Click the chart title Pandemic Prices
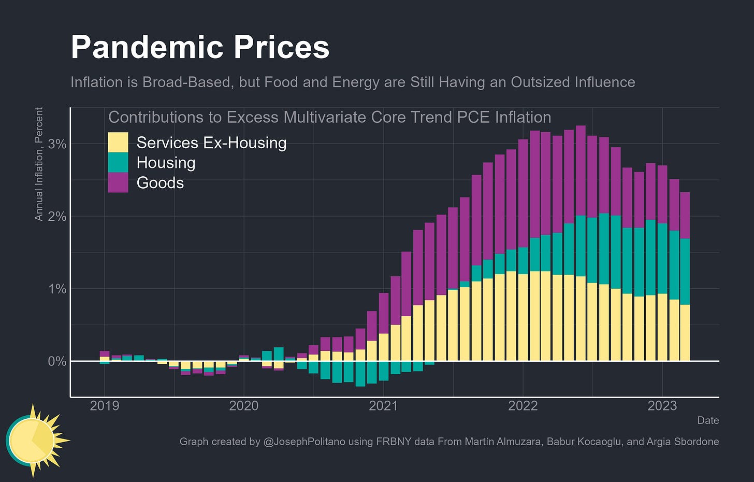click(200, 47)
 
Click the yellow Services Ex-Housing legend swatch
click(118, 143)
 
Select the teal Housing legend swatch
click(118, 163)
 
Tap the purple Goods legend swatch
click(118, 183)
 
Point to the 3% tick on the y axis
click(57, 144)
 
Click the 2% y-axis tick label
click(57, 217)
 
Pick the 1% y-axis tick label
click(57, 289)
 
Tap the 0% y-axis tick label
click(57, 361)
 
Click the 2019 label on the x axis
click(104, 406)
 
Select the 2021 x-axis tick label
click(383, 406)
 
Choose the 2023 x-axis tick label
click(662, 406)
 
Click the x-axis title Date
click(708, 420)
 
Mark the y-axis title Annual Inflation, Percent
click(39, 164)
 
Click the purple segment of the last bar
click(685, 216)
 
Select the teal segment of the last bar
click(685, 272)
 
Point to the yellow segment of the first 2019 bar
click(105, 358)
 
